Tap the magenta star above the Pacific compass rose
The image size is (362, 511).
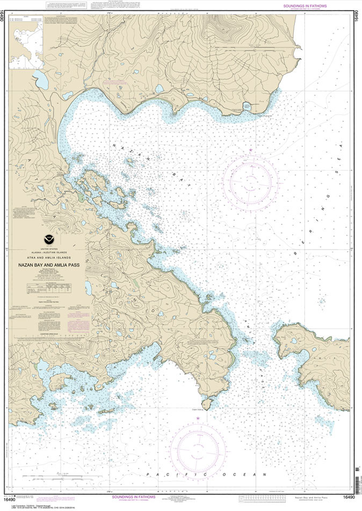coord(198,418)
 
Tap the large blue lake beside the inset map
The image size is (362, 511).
coord(41,80)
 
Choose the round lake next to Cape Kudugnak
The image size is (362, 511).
coord(247,106)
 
